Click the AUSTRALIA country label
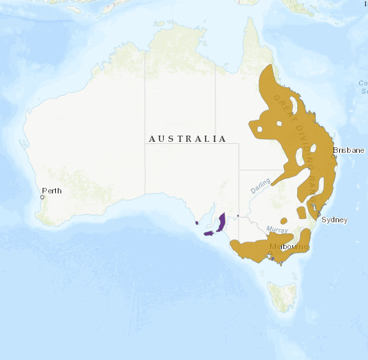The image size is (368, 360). [x=187, y=139]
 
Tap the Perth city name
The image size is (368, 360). [x=52, y=191]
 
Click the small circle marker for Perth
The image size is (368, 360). [x=42, y=198]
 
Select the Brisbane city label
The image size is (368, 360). [x=348, y=150]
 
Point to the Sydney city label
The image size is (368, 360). [x=334, y=220]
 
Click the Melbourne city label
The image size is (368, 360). [x=289, y=246]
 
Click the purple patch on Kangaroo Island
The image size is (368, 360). [x=208, y=234]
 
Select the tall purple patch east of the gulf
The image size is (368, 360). [x=221, y=222]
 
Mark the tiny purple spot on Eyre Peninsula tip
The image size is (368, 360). [x=197, y=222]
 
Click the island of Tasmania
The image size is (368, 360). [x=283, y=295]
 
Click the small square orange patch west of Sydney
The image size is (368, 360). [x=301, y=212]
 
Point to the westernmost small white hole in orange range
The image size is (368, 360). [x=259, y=128]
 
